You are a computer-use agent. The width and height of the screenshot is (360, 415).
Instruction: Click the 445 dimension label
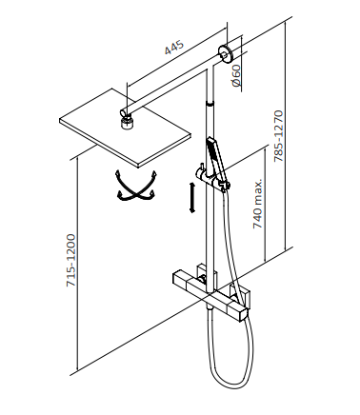(174, 47)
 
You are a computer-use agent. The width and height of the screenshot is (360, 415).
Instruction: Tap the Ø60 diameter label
(236, 75)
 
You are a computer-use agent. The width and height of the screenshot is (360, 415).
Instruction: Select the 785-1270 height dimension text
(278, 136)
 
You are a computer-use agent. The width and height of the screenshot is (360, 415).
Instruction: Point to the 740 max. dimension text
(257, 204)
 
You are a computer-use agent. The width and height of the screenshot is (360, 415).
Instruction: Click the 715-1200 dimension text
(70, 261)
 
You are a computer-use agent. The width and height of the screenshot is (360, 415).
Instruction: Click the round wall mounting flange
(226, 54)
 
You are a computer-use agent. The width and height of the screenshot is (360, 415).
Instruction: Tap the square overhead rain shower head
(125, 128)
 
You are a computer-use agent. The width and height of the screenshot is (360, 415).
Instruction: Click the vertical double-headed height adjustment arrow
(191, 197)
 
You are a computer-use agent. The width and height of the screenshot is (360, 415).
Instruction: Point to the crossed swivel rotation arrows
(137, 186)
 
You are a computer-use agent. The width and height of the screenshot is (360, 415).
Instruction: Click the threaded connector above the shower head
(128, 123)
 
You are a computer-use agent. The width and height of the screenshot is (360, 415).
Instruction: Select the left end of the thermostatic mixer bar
(179, 279)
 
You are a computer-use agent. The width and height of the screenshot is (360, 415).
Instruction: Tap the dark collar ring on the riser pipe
(210, 104)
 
